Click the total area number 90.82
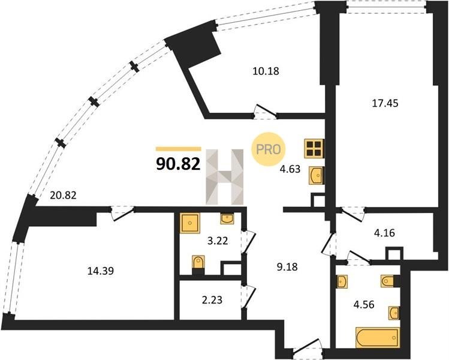[178, 164]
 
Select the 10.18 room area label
[266, 71]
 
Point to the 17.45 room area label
[385, 103]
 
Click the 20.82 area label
[63, 195]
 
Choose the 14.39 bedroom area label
[101, 271]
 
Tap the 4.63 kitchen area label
[290, 169]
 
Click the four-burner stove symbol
[314, 148]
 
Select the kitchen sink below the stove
[316, 175]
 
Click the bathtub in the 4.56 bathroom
[378, 338]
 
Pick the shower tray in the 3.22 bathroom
[189, 223]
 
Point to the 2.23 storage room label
[212, 300]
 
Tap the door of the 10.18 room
[265, 112]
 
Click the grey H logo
[224, 177]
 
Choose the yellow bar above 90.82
[179, 149]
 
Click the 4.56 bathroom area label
[364, 304]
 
